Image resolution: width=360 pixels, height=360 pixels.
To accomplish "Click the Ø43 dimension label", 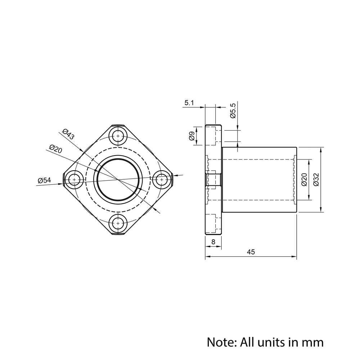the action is tap(68, 134).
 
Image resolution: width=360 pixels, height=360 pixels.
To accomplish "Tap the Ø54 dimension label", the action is tap(44, 180).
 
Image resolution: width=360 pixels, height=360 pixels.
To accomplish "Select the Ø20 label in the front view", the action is tap(55, 149).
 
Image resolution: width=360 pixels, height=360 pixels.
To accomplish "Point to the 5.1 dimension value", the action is tap(189, 103).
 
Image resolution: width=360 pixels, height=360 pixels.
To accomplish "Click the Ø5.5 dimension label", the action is tap(233, 111).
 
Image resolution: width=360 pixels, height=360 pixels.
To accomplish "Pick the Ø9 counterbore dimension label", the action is tap(192, 136).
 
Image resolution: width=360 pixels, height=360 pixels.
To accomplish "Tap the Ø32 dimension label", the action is tap(316, 180).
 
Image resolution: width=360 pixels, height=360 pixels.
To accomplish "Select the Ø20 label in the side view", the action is tap(304, 180).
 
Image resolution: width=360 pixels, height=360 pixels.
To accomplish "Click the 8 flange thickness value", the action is tap(213, 242).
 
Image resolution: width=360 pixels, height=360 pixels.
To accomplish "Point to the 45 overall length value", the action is tap(251, 252).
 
